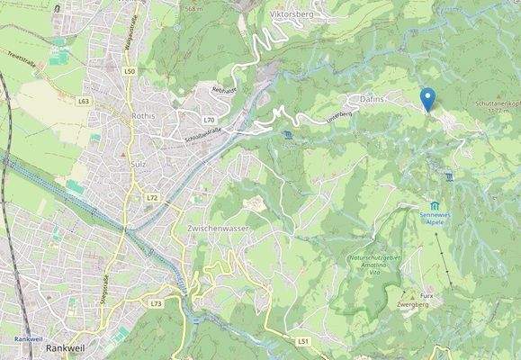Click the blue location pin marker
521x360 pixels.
[x=427, y=98]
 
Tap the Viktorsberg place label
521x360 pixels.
[x=292, y=14]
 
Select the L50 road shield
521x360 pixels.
[x=130, y=71]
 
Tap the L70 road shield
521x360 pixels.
[x=209, y=120]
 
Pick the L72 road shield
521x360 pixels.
[x=151, y=197]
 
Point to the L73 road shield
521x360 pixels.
[x=156, y=304]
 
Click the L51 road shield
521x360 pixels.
[x=302, y=341]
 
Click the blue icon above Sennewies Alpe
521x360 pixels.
[x=434, y=206]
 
